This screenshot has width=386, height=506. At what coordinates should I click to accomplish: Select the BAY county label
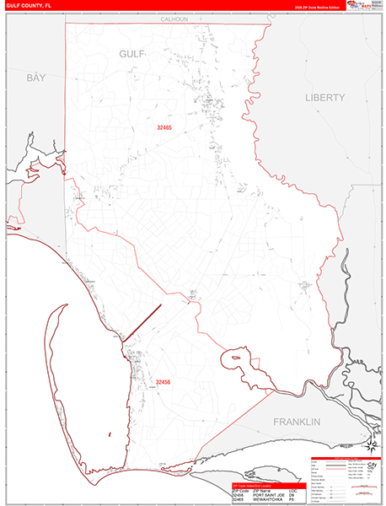pyautogui.click(x=35, y=78)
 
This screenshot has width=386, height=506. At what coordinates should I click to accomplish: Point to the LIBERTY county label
pyautogui.click(x=325, y=98)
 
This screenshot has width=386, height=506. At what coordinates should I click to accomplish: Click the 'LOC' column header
pyautogui.click(x=293, y=490)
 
